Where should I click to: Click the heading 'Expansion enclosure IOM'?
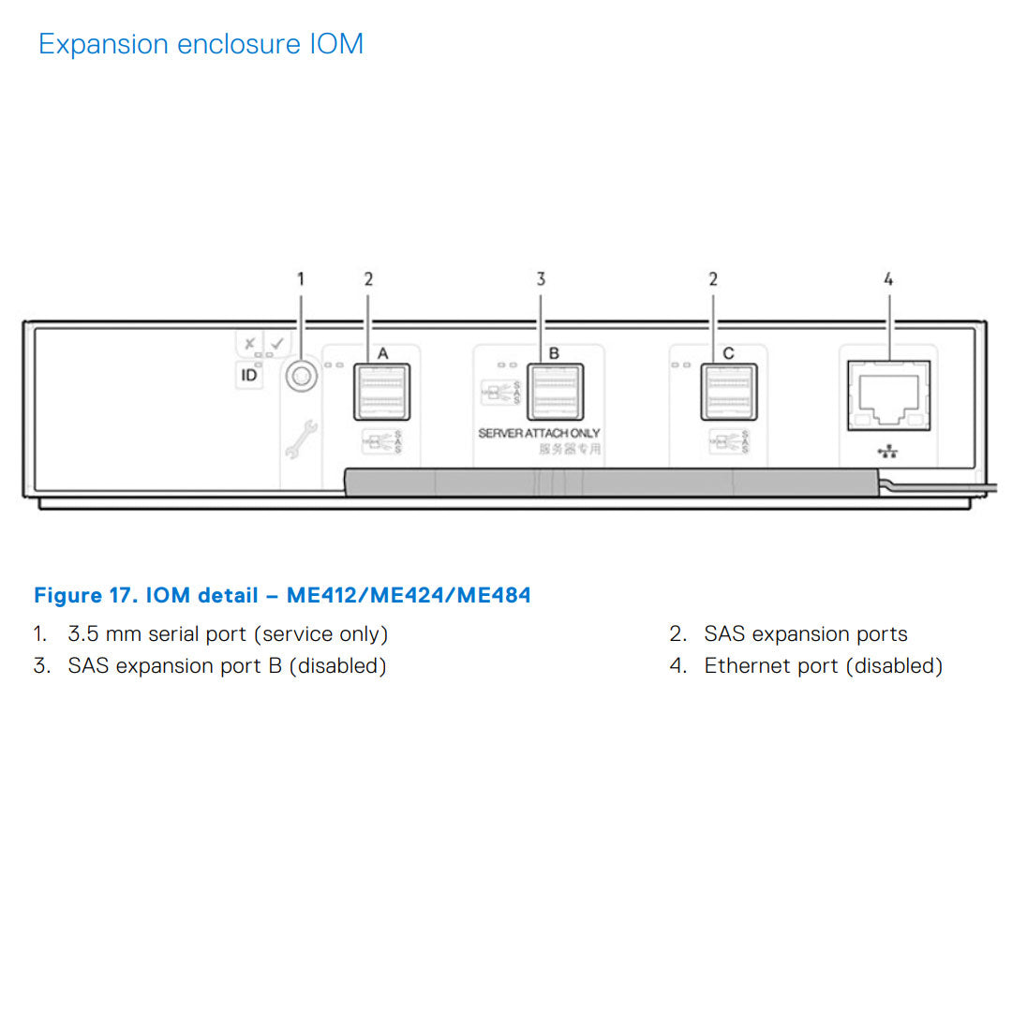(x=201, y=44)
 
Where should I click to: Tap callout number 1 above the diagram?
(x=301, y=278)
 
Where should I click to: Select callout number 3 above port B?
(x=541, y=278)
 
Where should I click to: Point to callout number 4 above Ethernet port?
(x=888, y=278)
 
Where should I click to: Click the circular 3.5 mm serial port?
(x=301, y=377)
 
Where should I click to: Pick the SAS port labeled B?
(x=554, y=392)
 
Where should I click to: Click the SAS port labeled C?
(x=728, y=392)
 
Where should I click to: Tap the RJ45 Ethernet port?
(x=888, y=395)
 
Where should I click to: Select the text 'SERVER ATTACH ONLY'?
(x=539, y=433)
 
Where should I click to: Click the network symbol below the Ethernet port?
(x=887, y=453)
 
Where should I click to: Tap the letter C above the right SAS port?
(x=728, y=353)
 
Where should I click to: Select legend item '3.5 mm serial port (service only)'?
(x=228, y=634)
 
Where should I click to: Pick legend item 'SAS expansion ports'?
(x=806, y=634)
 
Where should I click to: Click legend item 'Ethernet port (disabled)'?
(x=823, y=666)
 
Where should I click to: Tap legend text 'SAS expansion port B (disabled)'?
(x=227, y=666)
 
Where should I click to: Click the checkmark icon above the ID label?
(x=275, y=344)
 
